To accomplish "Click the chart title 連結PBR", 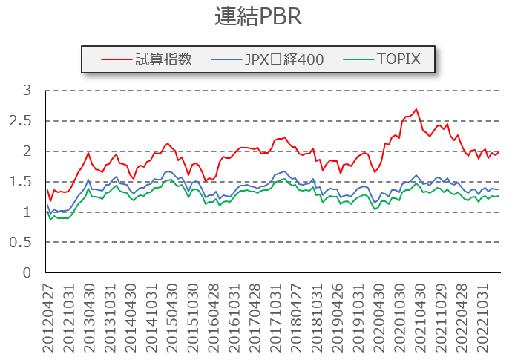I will tap(257, 17).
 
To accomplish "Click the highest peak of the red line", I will tap(416, 109).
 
